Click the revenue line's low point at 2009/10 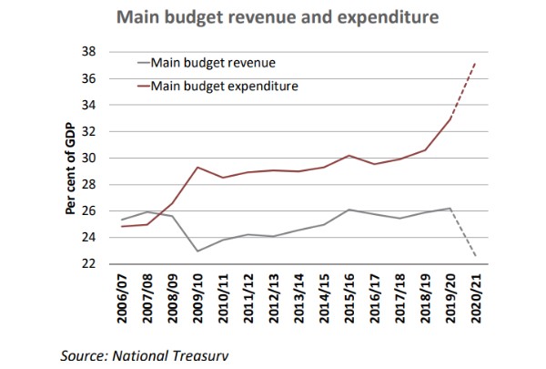[197, 251]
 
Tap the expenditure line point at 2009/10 [197, 168]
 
